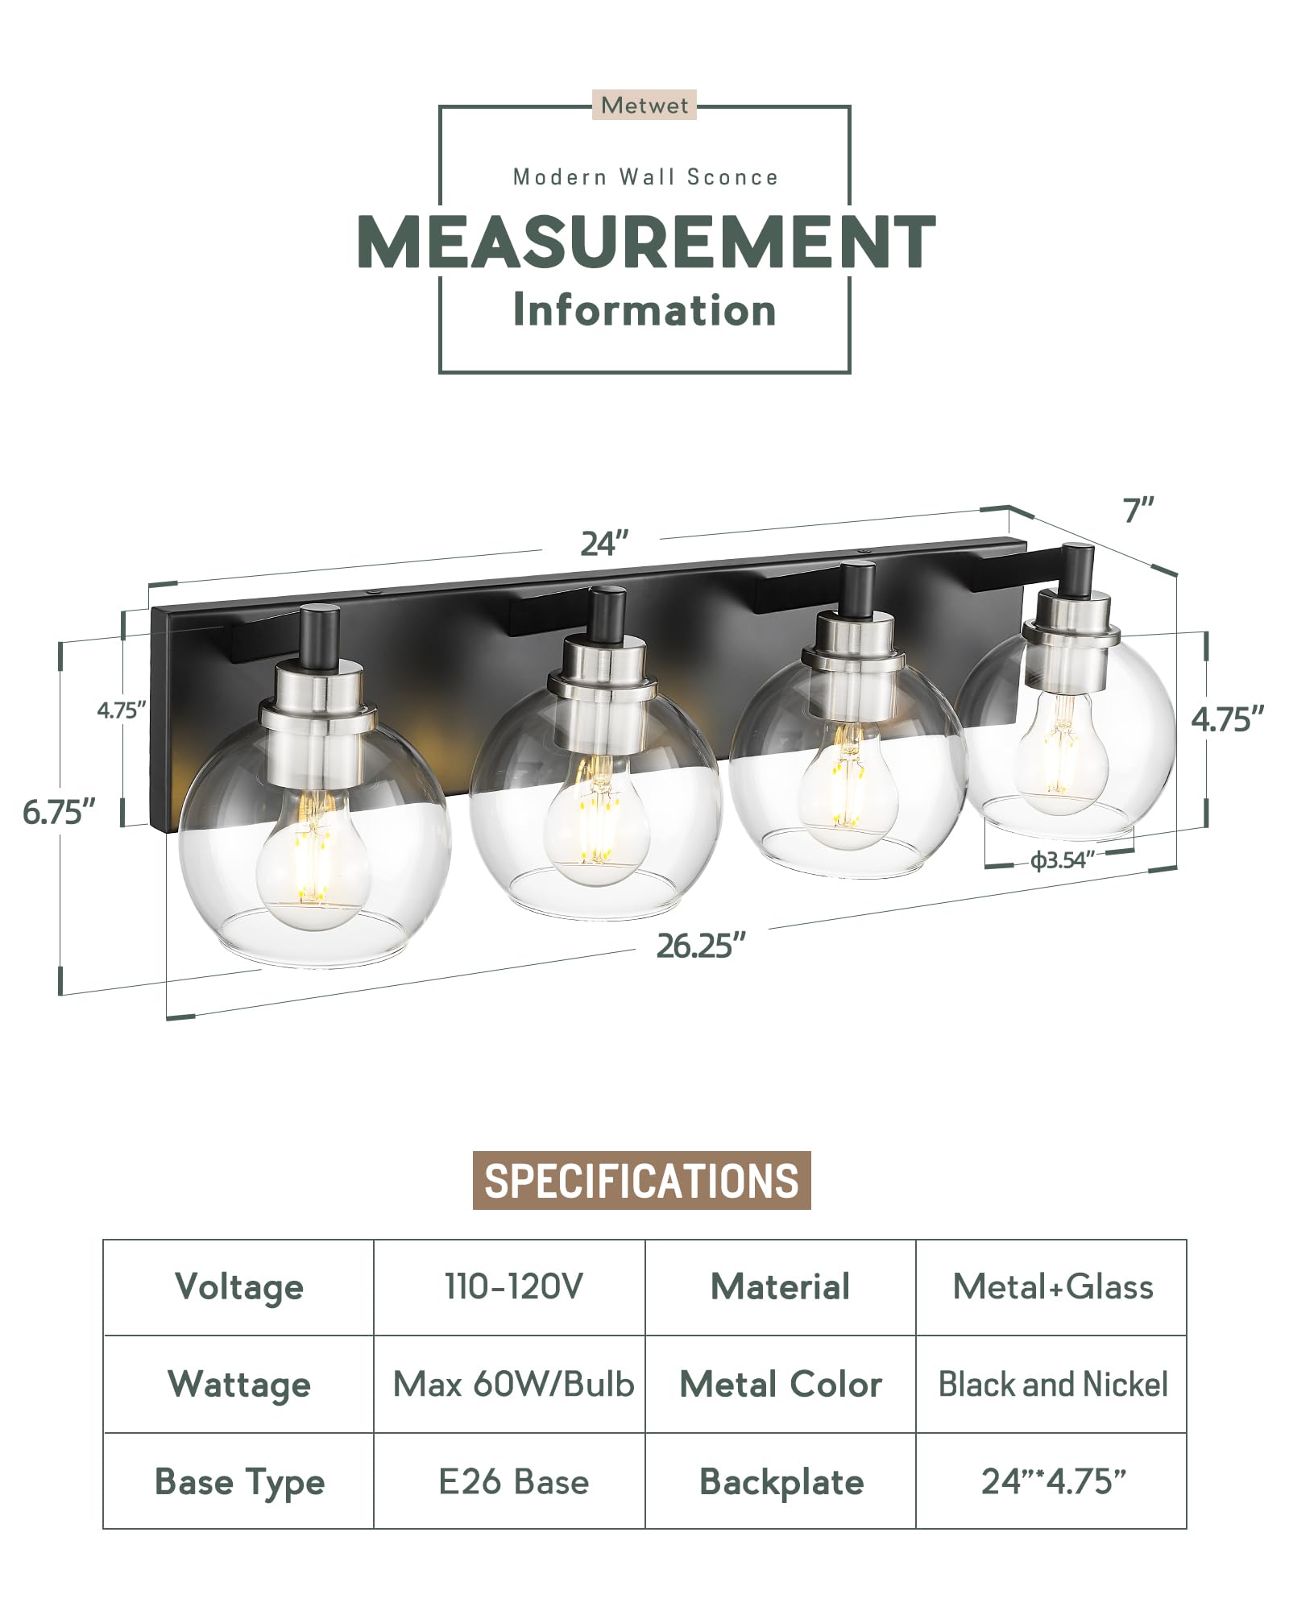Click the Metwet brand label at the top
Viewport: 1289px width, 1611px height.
[x=644, y=106]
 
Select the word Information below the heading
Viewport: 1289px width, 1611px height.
[x=644, y=311]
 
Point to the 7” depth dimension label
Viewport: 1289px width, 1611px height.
[x=1138, y=510]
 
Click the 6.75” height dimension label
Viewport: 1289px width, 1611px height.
[x=59, y=812]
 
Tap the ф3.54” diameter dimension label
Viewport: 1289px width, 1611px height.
[x=1062, y=860]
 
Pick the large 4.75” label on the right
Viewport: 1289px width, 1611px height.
[x=1227, y=719]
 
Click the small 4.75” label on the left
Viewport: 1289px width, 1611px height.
[x=121, y=710]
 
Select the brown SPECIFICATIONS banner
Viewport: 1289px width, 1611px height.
[x=641, y=1180]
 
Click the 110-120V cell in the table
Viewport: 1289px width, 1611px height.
[x=513, y=1286]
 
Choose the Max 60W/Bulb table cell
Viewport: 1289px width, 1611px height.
[x=513, y=1384]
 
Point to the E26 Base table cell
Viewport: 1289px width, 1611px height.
[x=513, y=1481]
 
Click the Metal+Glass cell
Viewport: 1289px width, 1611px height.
[x=1052, y=1286]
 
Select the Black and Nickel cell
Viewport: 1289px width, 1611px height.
[x=1052, y=1384]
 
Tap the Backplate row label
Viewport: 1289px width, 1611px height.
[x=781, y=1481]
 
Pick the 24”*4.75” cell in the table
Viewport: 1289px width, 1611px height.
[x=1052, y=1481]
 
